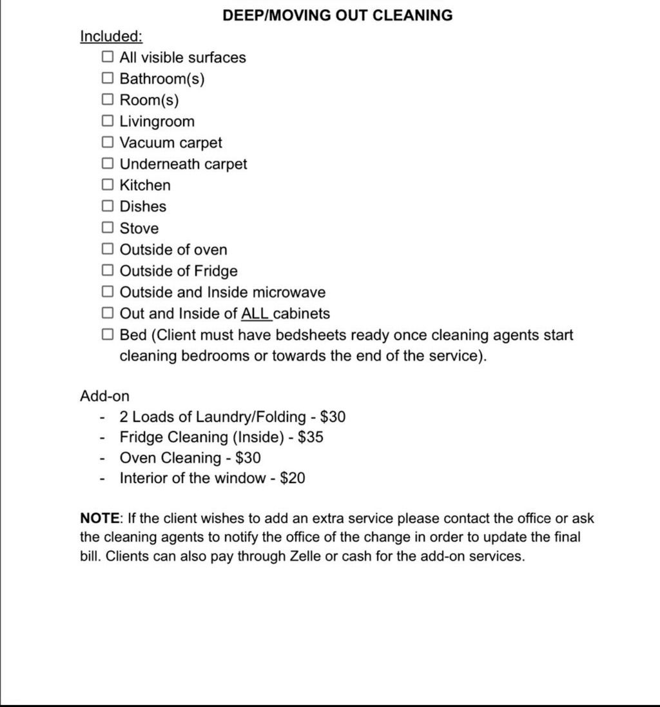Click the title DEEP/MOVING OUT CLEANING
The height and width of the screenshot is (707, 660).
[x=337, y=15]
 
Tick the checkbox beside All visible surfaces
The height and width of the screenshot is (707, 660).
[x=108, y=57]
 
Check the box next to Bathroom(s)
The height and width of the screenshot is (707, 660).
[x=108, y=79]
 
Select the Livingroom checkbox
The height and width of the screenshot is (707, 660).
[x=108, y=121]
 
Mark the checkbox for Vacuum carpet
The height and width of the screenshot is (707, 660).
[x=108, y=143]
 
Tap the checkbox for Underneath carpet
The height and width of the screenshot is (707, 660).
[x=108, y=164]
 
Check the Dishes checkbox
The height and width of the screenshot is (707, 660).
[x=108, y=206]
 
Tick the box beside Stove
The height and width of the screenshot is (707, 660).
[x=108, y=228]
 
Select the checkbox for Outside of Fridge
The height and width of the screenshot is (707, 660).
[x=108, y=271]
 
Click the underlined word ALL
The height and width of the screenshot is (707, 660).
[x=256, y=314]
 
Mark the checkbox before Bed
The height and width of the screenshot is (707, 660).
[x=108, y=335]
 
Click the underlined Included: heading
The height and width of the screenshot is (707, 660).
[x=111, y=36]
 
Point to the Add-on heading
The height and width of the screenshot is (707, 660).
[x=104, y=396]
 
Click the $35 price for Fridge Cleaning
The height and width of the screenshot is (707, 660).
[x=311, y=437]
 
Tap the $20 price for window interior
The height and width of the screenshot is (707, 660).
[x=293, y=479]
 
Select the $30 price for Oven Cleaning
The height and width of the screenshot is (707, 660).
[x=248, y=458]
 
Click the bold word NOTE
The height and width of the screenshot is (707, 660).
[x=100, y=518]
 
